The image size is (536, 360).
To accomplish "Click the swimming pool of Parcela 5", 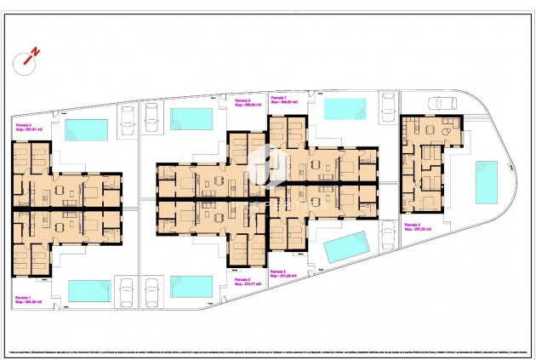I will [87, 129].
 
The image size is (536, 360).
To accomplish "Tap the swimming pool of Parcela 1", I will [89, 290].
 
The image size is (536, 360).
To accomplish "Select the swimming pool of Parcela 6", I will [191, 117].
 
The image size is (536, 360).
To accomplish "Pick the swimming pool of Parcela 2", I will [191, 286].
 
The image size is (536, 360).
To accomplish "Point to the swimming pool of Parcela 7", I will [345, 109].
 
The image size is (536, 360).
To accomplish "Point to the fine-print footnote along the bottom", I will [268, 351].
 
